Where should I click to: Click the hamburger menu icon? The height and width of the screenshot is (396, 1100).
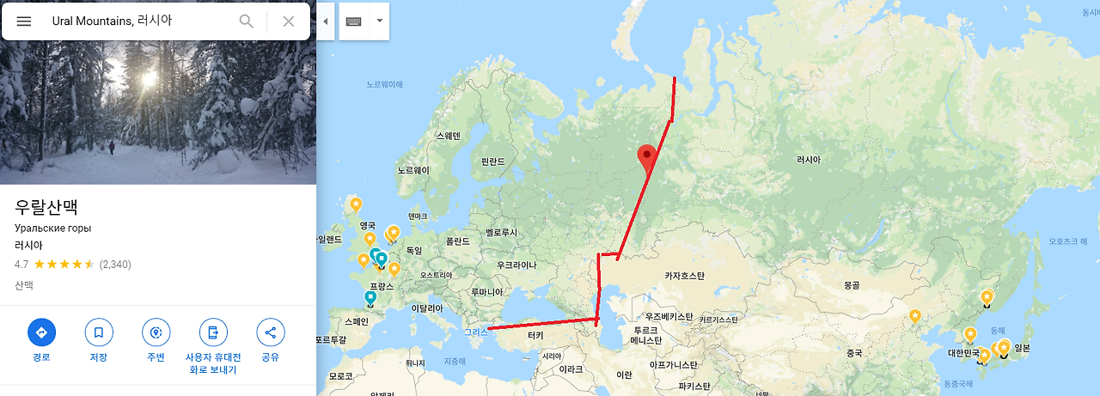pos(24,21)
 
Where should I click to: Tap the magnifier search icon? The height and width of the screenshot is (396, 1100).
pos(247,21)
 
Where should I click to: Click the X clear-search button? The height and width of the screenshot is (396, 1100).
pos(289,21)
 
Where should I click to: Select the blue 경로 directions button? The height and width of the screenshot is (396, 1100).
pos(41,332)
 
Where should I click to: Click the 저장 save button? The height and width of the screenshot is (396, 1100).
pos(99,332)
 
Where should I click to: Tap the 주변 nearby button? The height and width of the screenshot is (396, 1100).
pos(156,332)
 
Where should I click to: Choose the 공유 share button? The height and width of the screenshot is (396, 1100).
pos(270,332)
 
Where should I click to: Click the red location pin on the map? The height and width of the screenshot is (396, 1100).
pos(646,159)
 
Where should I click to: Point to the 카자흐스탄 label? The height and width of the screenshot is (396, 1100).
pos(684,276)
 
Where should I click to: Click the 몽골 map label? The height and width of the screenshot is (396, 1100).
pos(852,283)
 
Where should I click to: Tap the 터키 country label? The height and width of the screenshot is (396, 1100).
pos(535,335)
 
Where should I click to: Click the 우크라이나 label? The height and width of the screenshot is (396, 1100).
pos(516,265)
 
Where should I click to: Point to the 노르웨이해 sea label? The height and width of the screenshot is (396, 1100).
pos(384,84)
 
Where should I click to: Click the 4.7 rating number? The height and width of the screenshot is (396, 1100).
pos(21,264)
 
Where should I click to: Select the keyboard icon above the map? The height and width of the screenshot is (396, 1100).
pos(354,21)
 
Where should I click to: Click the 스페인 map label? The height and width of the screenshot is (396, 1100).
pos(355,321)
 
